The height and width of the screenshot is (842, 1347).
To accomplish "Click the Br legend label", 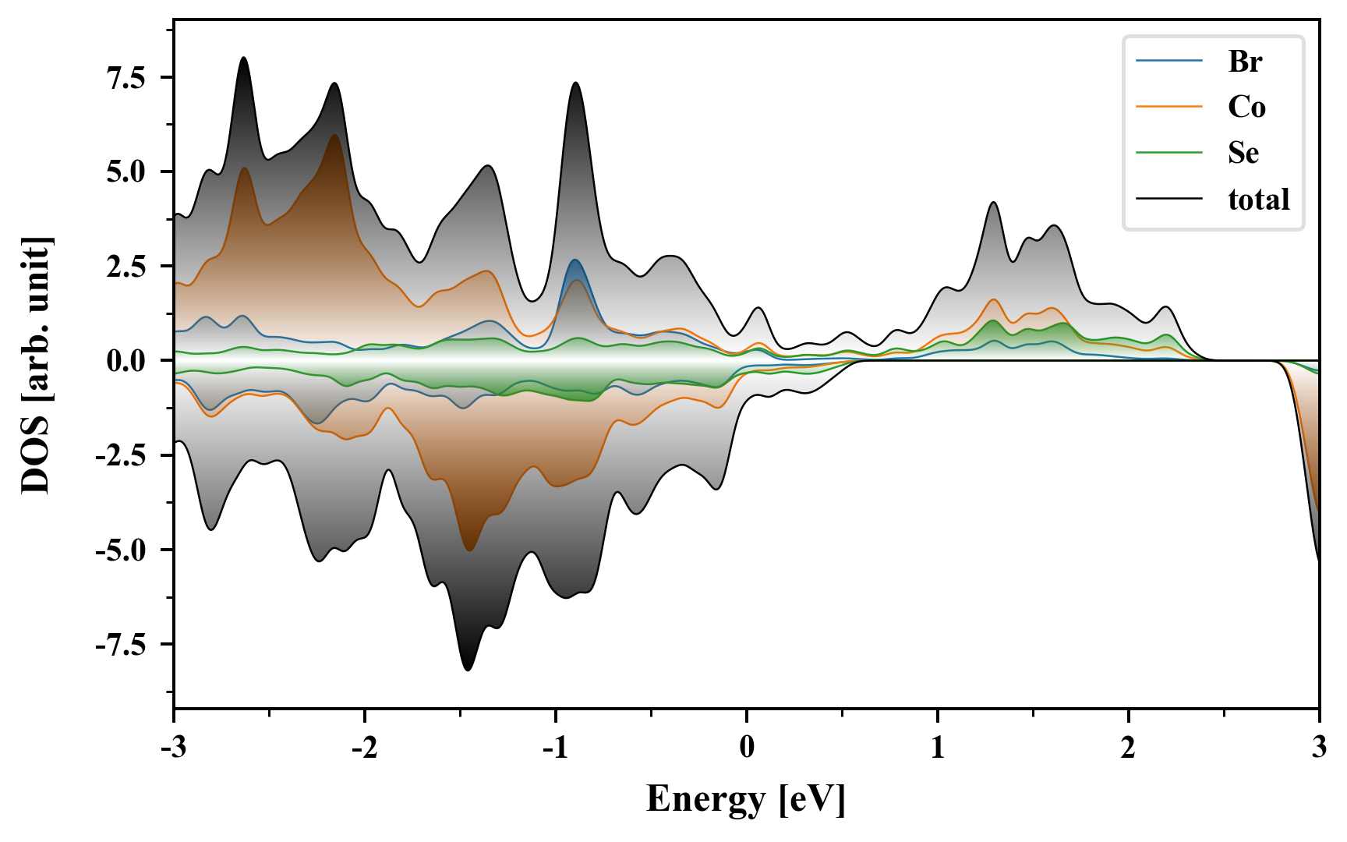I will (x=1244, y=61).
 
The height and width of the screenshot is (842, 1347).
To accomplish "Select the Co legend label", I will (x=1246, y=107).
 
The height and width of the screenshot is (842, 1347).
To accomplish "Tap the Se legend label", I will (x=1243, y=153).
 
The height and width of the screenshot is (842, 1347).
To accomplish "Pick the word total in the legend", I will (x=1259, y=200).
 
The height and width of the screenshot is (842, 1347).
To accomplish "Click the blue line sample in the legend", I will (x=1169, y=61).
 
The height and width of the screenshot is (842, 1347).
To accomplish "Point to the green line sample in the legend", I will (x=1169, y=153).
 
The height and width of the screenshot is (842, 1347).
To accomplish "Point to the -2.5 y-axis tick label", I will (x=121, y=455).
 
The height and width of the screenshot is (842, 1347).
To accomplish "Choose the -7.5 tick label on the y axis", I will (x=121, y=645).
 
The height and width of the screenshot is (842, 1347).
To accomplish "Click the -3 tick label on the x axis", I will (x=174, y=747).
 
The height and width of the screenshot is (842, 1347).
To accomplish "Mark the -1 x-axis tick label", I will (x=556, y=747).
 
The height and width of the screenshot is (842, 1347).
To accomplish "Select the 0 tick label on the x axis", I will (x=747, y=747).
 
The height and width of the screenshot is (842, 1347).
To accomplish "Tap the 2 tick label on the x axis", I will (x=1129, y=747).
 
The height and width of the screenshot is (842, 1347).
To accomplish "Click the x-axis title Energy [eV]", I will (x=746, y=800).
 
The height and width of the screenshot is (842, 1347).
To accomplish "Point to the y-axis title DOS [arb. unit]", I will (x=36, y=365).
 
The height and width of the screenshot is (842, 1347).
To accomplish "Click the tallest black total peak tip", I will (x=244, y=58).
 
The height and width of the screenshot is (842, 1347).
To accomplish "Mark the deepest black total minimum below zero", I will (x=468, y=670).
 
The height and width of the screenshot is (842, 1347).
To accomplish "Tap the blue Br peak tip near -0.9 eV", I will (x=575, y=260).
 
